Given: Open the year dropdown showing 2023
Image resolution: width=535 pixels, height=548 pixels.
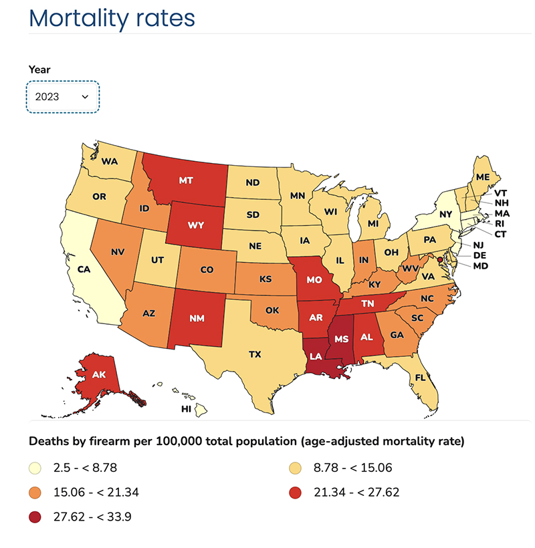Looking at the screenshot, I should [63, 97].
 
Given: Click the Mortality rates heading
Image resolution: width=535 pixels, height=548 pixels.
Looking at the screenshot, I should [112, 18].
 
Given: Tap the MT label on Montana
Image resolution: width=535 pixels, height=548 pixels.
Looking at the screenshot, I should [187, 180].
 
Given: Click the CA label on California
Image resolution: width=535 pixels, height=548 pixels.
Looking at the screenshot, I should [84, 269].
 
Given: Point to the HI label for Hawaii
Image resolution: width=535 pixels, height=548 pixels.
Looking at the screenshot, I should [187, 408].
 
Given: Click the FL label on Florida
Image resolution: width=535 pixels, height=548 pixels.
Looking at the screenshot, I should [421, 377].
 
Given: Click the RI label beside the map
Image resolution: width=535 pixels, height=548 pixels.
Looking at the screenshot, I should [500, 224].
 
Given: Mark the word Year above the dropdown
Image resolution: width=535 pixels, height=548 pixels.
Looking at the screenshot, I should [39, 69].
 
